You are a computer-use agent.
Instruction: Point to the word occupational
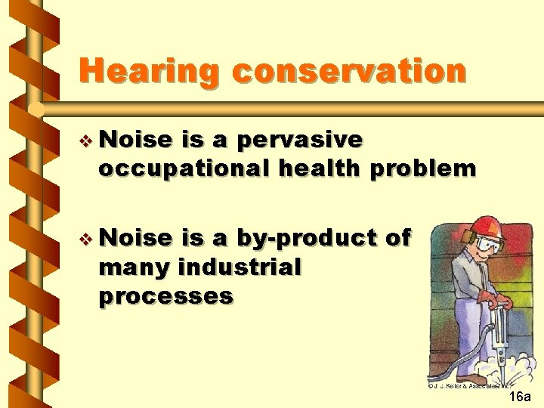184,168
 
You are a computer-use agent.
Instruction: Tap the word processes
165,295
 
